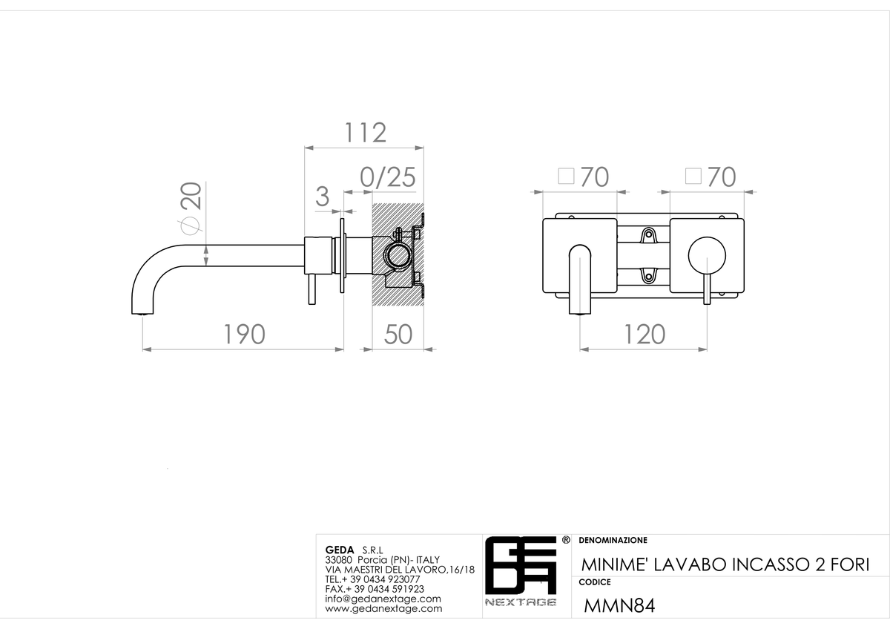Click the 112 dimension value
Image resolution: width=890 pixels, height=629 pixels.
[x=365, y=132]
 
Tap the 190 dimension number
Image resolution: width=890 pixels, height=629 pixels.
[x=244, y=335]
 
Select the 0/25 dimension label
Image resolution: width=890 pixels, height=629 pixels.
[x=387, y=177]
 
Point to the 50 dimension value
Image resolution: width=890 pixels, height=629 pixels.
[x=398, y=335]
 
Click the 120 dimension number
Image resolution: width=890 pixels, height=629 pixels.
[x=645, y=335]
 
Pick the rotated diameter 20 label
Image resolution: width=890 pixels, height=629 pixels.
[x=191, y=207]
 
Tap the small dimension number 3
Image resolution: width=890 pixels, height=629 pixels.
[x=322, y=197]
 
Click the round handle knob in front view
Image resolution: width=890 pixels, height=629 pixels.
[x=707, y=256]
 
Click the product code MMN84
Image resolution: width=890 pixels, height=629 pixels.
[x=619, y=605]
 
